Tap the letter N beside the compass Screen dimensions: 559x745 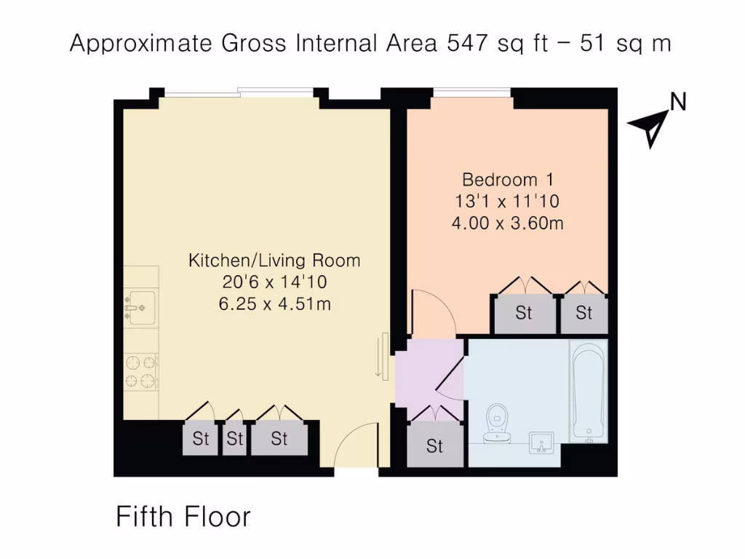678,103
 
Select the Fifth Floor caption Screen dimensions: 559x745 183,517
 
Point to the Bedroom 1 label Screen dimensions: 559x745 507,179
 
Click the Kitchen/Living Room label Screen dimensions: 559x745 274,261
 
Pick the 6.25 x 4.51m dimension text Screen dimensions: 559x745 274,304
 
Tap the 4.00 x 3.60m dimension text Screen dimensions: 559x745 507,223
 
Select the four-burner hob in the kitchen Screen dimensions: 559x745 141,371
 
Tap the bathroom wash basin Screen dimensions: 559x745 541,441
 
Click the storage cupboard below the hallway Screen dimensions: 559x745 434,445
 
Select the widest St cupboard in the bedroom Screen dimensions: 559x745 524,314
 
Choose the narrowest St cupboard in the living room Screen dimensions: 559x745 234,439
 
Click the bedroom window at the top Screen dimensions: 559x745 472,92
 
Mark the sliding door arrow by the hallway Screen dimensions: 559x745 381,357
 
